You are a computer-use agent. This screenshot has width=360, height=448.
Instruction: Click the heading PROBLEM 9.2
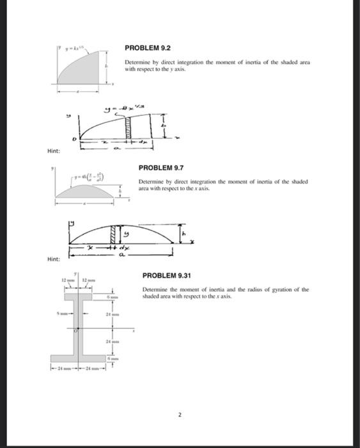tap(148, 48)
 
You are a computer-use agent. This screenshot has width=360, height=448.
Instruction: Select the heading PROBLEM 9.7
tap(161, 168)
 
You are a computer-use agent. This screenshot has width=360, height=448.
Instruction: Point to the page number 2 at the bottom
tap(180, 415)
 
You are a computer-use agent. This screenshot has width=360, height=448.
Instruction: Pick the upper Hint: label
tap(53, 151)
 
